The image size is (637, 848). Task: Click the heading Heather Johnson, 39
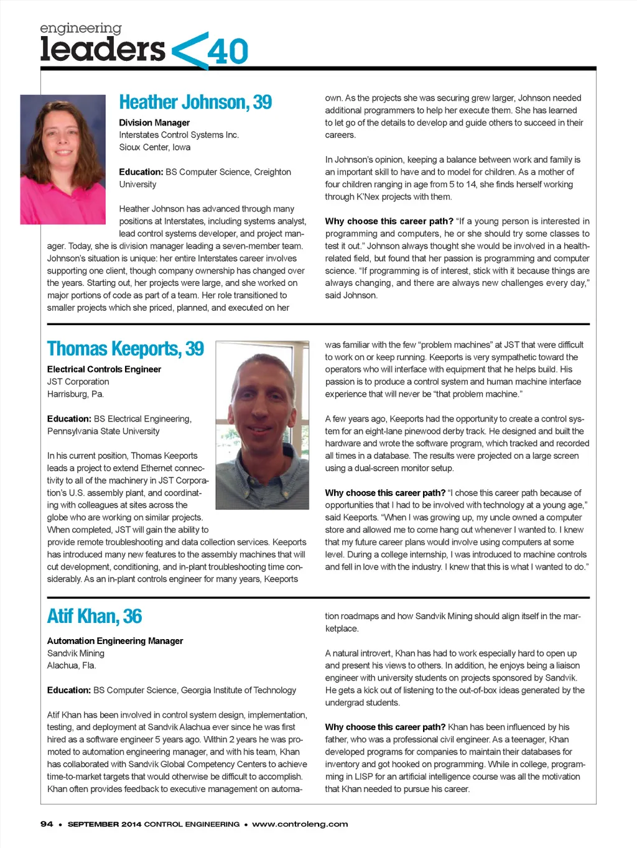195,102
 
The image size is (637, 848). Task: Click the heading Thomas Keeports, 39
126,349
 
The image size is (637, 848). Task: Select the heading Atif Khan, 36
95,616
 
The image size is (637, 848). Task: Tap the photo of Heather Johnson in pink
63,159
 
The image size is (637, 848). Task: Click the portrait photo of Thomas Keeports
262,425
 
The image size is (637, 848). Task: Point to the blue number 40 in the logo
228,52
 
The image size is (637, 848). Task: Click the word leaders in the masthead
103,50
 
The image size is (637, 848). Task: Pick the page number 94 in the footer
47,824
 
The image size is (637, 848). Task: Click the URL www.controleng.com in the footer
300,824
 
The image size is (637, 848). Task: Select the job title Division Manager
154,122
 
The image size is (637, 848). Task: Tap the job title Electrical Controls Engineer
104,369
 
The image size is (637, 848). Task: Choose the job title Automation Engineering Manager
115,641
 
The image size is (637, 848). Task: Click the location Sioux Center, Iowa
155,147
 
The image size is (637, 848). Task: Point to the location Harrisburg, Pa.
75,394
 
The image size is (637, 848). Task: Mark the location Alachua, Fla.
72,665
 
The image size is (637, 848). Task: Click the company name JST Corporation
78,382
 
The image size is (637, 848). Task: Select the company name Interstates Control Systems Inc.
179,135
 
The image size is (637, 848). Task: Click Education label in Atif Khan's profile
69,690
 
